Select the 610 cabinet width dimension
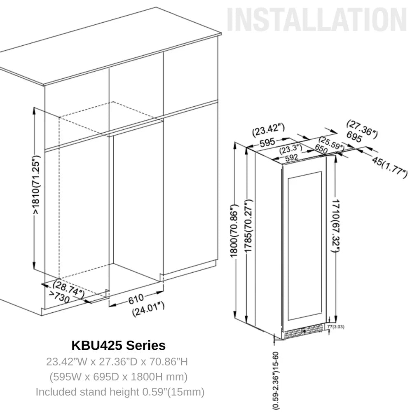136,298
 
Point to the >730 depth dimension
59,297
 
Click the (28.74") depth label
68,288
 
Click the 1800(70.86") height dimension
234,231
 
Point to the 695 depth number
354,137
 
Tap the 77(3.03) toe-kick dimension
335,327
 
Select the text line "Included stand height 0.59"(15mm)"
120,391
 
